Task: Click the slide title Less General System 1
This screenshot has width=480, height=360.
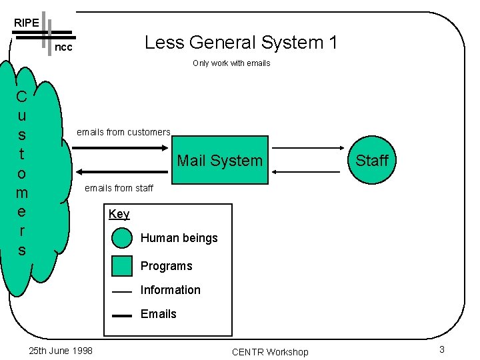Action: tap(241, 43)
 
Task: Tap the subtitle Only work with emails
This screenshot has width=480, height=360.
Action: tap(231, 63)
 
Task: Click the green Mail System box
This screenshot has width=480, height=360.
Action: tap(219, 160)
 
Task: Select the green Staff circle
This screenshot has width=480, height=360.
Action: tap(371, 160)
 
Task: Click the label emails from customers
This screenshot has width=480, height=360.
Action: tap(123, 132)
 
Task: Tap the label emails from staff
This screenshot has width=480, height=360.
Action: tap(119, 188)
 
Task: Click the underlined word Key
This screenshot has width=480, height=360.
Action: tap(119, 214)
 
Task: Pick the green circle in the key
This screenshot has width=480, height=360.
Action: tap(122, 238)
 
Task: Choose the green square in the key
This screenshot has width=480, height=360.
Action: tap(122, 265)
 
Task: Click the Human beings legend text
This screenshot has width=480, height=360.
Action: tap(179, 238)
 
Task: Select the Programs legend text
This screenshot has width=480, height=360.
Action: tap(166, 266)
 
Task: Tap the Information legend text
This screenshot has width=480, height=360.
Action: tap(170, 290)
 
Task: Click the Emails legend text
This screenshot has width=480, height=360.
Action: tap(158, 314)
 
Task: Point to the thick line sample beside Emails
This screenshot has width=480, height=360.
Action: tap(122, 316)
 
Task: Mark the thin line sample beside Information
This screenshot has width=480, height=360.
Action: tap(122, 292)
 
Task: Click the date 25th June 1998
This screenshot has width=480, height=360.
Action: tap(61, 351)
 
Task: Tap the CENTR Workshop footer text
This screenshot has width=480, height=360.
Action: tap(270, 352)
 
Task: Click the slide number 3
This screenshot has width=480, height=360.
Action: tap(441, 350)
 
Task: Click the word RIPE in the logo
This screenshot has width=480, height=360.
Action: tap(26, 23)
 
